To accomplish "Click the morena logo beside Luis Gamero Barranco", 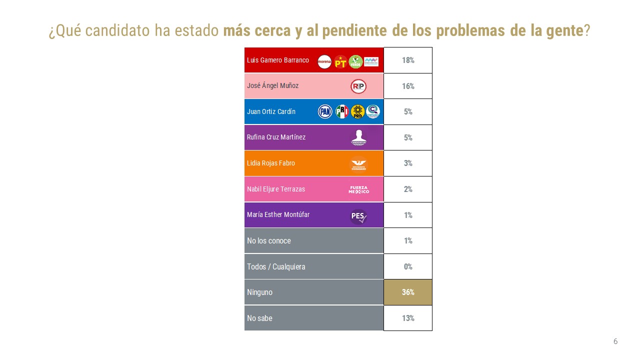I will point(324,61).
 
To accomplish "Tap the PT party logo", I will point(340,61).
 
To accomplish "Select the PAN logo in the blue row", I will point(325,111).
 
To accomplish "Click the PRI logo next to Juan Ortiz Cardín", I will point(342,111).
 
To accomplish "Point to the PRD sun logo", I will point(357,111).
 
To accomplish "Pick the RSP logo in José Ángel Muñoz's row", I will point(358,86).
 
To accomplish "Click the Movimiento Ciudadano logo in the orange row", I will point(358,164).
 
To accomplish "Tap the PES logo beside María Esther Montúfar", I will point(358,216).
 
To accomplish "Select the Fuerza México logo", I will point(358,189).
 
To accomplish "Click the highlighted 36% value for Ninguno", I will point(408,292).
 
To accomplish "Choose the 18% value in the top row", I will point(408,60).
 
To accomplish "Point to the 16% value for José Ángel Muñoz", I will point(408,86).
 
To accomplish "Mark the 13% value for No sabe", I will point(408,318).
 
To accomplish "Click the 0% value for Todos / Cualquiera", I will point(408,266).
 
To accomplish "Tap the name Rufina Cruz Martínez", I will point(276,137).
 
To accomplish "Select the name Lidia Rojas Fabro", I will point(271,163).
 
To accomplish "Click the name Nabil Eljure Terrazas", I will point(276,189).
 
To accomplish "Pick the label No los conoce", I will point(269,241).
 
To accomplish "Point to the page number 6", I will point(615,341).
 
